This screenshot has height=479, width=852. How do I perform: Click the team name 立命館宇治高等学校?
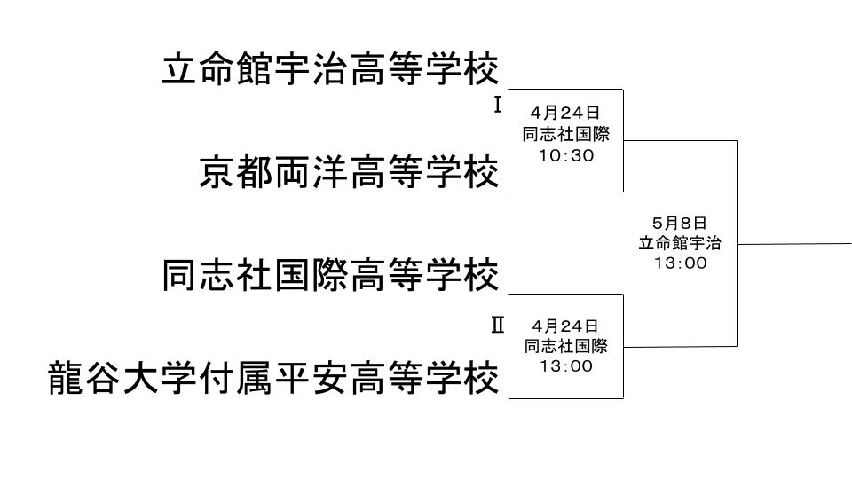(330, 69)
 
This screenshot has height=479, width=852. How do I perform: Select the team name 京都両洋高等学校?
(349, 172)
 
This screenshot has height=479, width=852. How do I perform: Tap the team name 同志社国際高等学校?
(330, 275)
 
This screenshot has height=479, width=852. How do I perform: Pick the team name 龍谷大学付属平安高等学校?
(273, 379)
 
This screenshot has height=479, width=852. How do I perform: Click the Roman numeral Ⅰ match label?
(497, 106)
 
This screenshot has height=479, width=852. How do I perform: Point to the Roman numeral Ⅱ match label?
(497, 325)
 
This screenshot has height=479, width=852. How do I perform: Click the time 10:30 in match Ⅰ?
(565, 155)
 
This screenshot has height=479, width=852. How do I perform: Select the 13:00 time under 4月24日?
(565, 365)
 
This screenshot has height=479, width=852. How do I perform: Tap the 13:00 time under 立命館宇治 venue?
(680, 263)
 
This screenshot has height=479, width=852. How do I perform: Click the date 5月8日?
(680, 224)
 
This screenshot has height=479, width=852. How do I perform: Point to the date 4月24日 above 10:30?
(565, 113)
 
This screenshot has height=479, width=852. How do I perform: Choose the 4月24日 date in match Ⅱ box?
(565, 326)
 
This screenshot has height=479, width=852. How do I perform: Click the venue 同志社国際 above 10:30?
(565, 134)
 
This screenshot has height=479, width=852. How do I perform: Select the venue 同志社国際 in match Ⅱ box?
(565, 346)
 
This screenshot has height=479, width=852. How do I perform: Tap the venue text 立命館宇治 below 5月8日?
(680, 243)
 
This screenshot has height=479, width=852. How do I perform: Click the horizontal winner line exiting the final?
(794, 243)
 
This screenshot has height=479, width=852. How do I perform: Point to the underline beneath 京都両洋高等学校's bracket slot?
(565, 191)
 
